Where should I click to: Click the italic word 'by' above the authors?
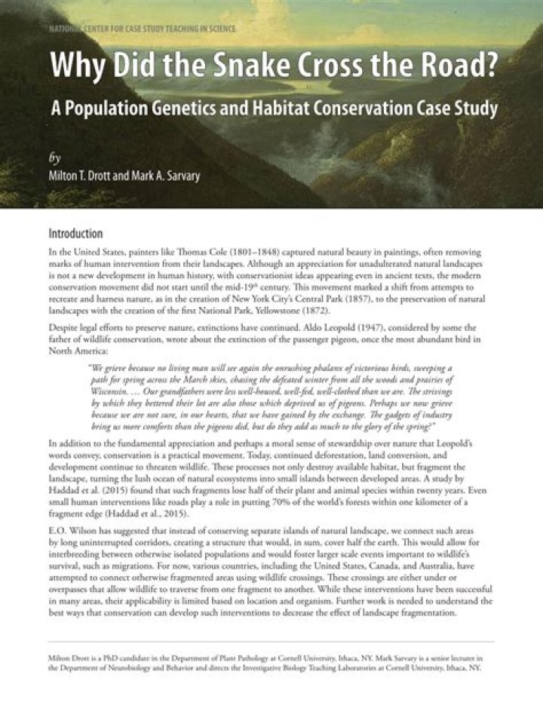tap(54, 159)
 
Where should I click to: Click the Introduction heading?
tap(75, 234)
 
